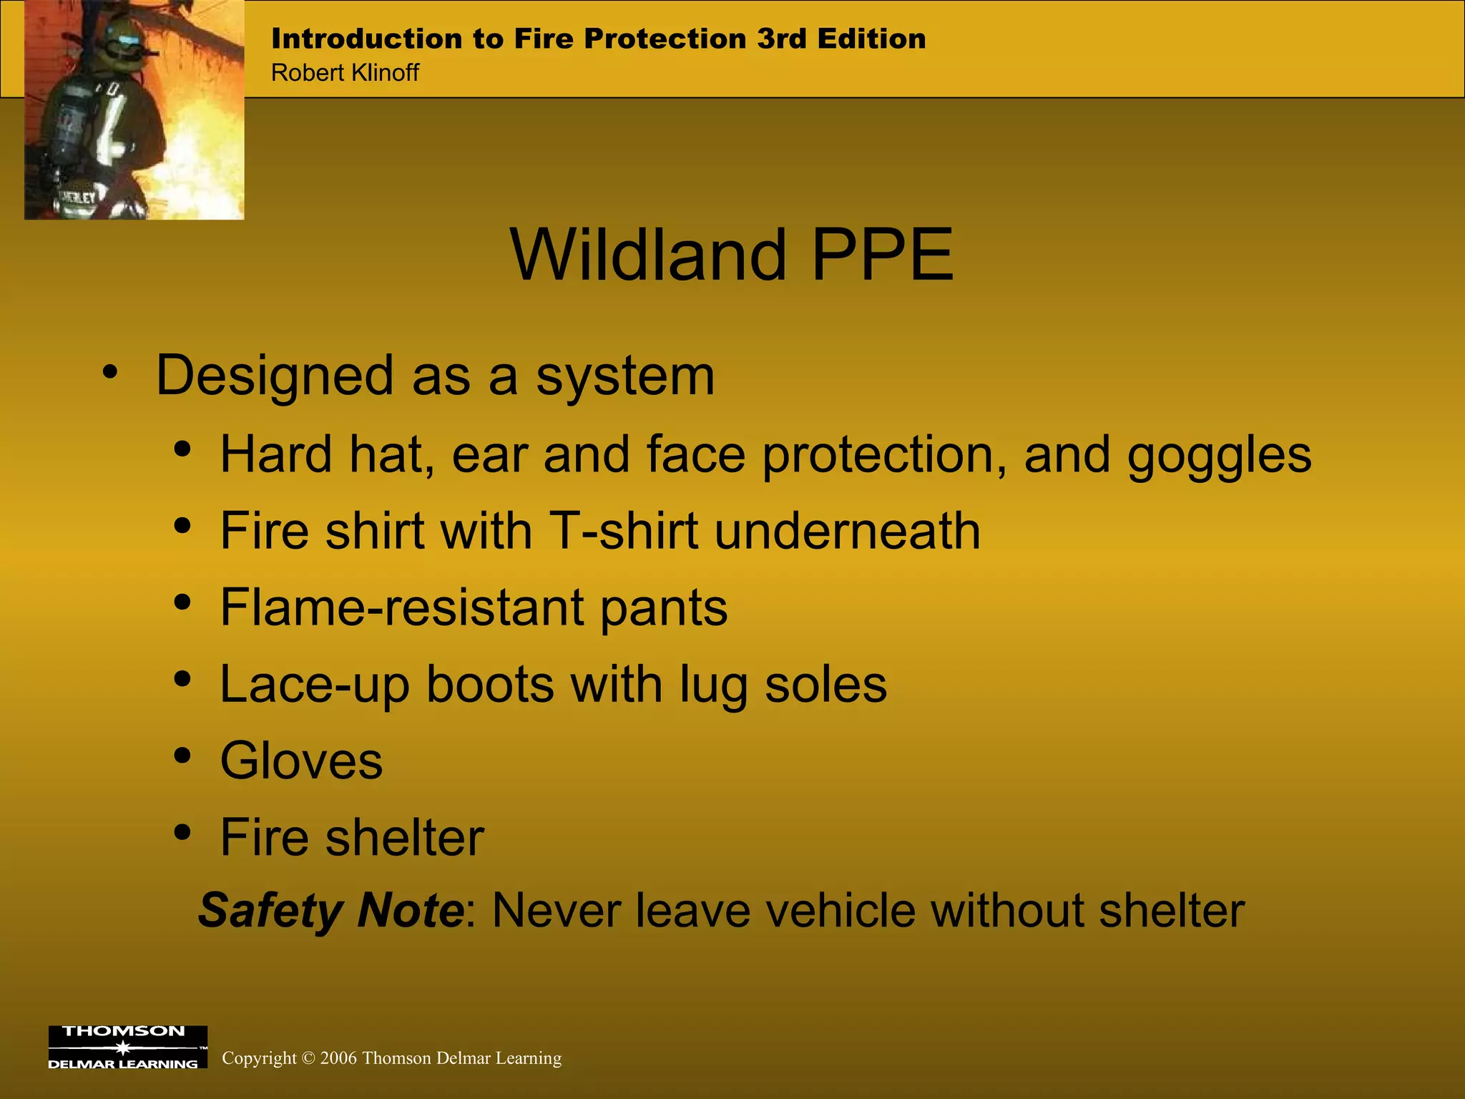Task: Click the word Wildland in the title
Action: [x=648, y=255]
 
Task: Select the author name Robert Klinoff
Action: [x=345, y=73]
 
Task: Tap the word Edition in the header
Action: [x=871, y=39]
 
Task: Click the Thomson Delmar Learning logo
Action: [x=127, y=1047]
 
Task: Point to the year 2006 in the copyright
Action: [x=338, y=1058]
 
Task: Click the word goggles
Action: [x=1219, y=456]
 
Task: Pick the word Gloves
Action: [x=301, y=761]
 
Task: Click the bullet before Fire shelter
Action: [x=183, y=832]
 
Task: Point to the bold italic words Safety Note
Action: [x=331, y=910]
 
